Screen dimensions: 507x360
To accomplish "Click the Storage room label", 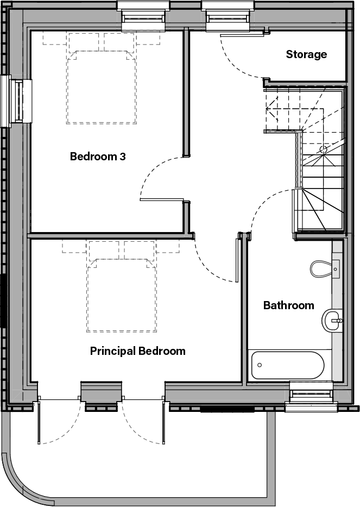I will coord(306,54).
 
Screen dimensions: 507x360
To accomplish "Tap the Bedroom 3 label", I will coord(98,157).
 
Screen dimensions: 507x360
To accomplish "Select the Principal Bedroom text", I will coord(137,351).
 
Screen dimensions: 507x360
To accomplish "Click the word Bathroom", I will coord(288,305).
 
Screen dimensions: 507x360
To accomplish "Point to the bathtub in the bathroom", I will coord(288,365).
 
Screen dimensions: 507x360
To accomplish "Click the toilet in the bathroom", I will coord(324,267).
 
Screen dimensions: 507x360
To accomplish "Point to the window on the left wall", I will coord(16,101).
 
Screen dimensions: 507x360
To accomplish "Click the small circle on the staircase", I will coord(323,149).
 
